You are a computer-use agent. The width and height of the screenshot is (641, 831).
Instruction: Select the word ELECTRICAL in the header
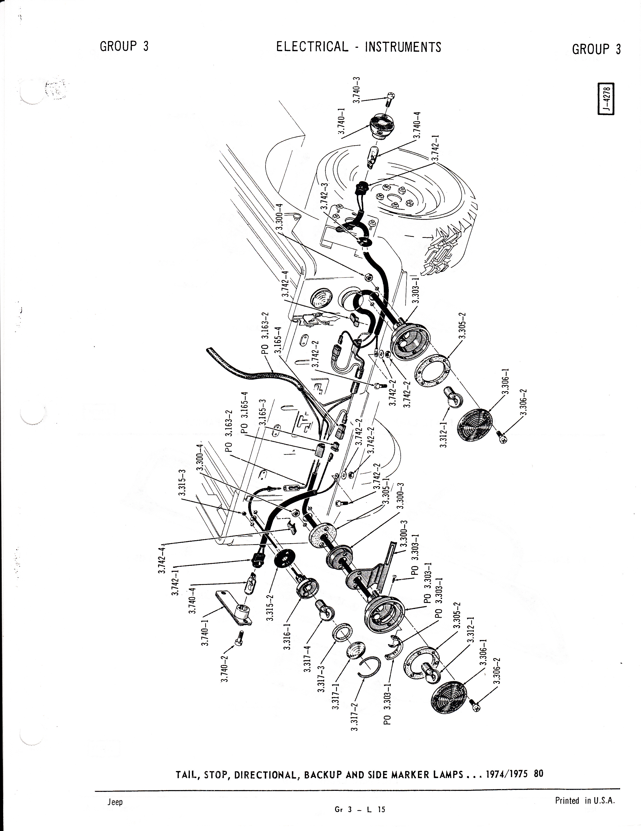pyautogui.click(x=312, y=47)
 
